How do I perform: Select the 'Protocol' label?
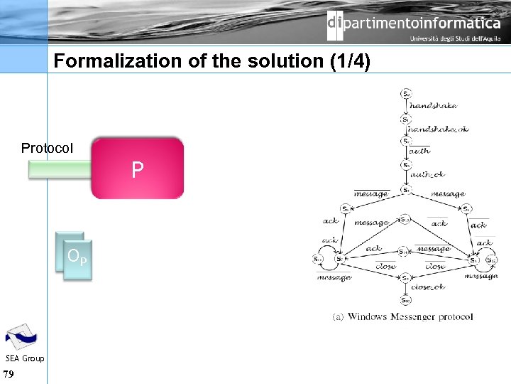tap(47, 148)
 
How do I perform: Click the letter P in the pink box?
tap(138, 169)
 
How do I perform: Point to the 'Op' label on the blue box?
tap(77, 256)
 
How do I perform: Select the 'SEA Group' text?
tap(25, 358)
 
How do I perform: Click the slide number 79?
tap(9, 374)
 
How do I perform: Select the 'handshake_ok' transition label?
tap(437, 129)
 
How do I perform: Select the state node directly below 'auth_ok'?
tap(406, 189)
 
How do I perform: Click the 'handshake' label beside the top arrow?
tap(433, 106)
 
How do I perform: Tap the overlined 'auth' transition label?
tap(419, 151)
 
